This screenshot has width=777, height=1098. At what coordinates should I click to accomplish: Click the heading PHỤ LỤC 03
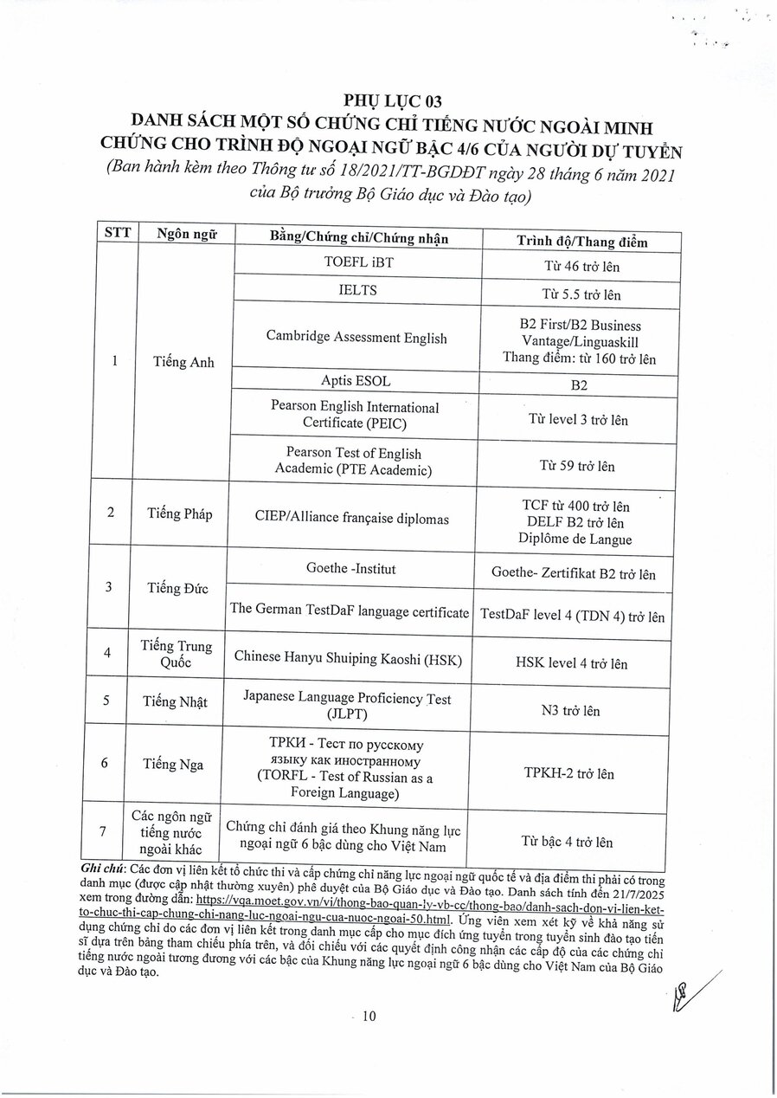tap(392, 101)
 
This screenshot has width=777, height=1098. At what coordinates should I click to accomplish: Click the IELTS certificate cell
tap(357, 290)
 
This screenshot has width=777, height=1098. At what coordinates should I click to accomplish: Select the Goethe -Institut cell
tap(351, 569)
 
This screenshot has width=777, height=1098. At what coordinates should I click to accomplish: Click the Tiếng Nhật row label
tap(176, 701)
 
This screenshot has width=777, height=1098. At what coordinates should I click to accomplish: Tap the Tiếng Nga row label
tap(175, 765)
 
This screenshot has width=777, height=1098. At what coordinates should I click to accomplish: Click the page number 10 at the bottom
tap(369, 1017)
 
